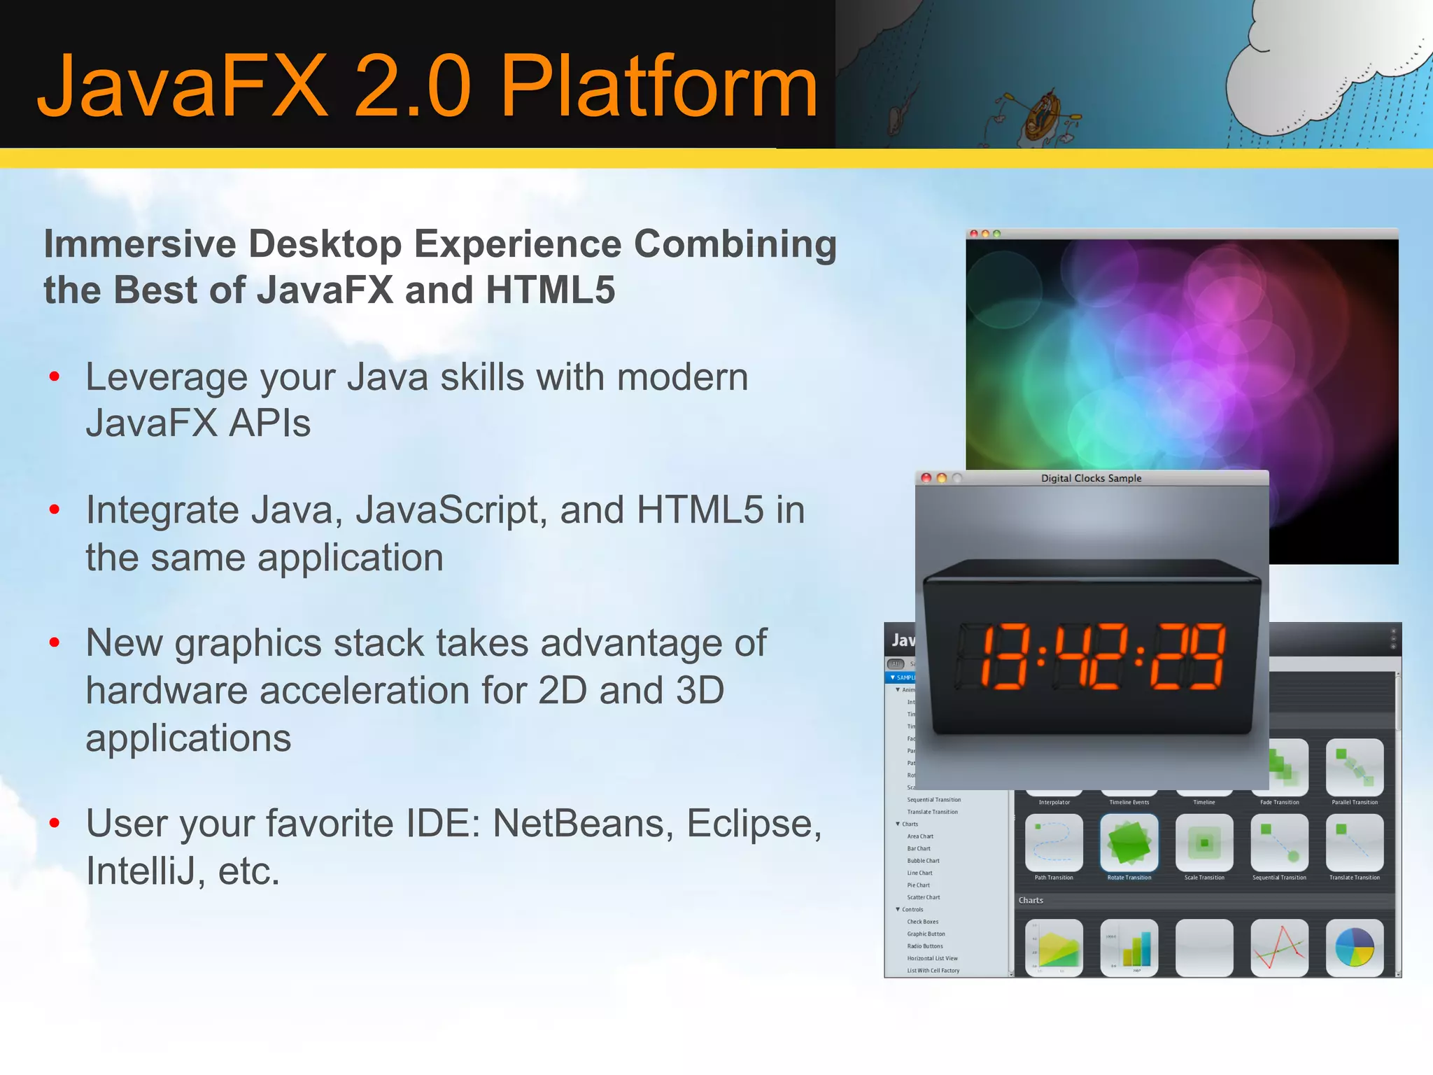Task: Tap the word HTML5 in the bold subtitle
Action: [550, 290]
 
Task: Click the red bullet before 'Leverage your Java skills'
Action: [55, 378]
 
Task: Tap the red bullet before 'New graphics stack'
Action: [55, 643]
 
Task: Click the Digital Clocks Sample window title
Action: [1091, 479]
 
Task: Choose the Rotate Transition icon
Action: [1129, 843]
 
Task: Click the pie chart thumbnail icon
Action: [1354, 948]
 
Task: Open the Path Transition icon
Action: [1054, 843]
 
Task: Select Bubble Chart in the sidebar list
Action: [923, 861]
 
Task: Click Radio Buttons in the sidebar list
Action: [925, 946]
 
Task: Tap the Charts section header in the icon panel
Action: [1031, 901]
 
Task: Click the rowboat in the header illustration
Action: [1043, 115]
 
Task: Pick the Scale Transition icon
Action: [1204, 843]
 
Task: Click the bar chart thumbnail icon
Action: [1129, 948]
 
